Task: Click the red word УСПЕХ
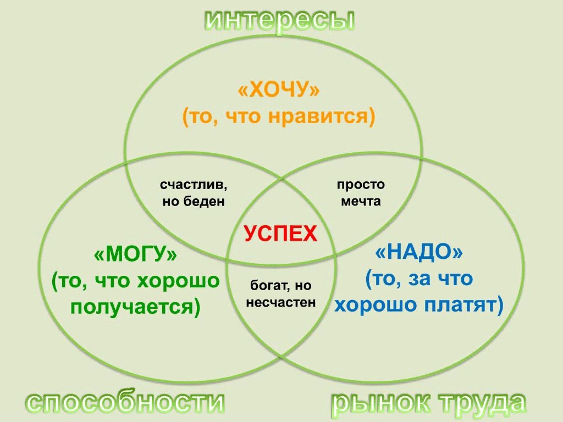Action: [x=280, y=234]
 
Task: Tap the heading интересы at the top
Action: [x=280, y=20]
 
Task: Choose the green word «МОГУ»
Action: [x=136, y=255]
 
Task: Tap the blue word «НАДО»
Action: [x=419, y=253]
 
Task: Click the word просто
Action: [x=361, y=185]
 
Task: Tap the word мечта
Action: [x=361, y=202]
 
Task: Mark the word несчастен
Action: [x=281, y=302]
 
